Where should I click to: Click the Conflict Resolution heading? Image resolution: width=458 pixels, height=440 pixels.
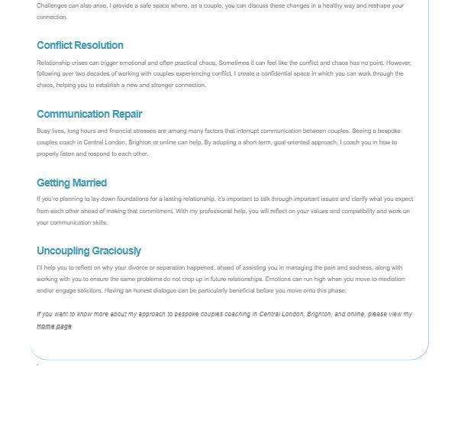coord(80,45)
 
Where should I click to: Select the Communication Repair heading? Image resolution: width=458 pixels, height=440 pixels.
coord(89,114)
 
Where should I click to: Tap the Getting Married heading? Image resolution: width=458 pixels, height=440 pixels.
coord(72,183)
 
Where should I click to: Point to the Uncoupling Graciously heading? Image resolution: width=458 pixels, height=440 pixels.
coord(89,251)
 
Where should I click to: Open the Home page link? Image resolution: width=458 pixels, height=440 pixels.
coord(54,326)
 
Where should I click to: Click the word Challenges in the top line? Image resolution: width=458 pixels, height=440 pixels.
coord(50,5)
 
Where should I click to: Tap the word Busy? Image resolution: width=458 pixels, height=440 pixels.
coord(43,131)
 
